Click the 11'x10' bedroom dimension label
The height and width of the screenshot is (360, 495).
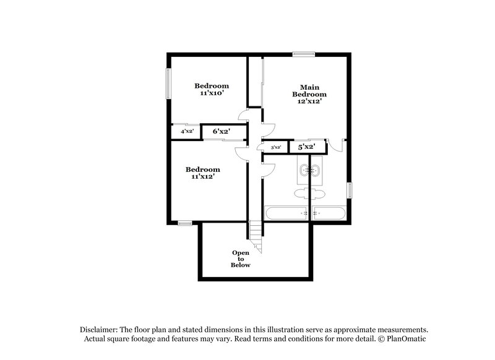click(x=212, y=93)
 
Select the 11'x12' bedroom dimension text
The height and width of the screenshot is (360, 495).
click(x=203, y=177)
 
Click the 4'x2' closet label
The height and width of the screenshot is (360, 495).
click(x=187, y=132)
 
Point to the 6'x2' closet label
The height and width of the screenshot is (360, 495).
click(x=221, y=132)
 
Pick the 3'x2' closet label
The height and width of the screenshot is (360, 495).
click(x=276, y=147)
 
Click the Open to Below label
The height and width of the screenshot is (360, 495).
click(x=241, y=259)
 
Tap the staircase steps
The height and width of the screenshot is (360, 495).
click(x=256, y=236)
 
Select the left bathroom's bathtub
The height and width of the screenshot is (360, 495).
click(x=286, y=213)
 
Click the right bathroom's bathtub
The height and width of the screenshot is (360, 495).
click(x=330, y=213)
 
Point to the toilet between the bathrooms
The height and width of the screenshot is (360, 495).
click(x=309, y=194)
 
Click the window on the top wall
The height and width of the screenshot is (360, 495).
click(x=303, y=54)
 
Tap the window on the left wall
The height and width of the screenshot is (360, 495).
click(x=166, y=83)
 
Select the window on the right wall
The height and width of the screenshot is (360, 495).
click(x=350, y=190)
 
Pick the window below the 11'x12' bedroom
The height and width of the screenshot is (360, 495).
click(x=184, y=223)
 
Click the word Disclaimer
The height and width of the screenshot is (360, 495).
click(x=100, y=330)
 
